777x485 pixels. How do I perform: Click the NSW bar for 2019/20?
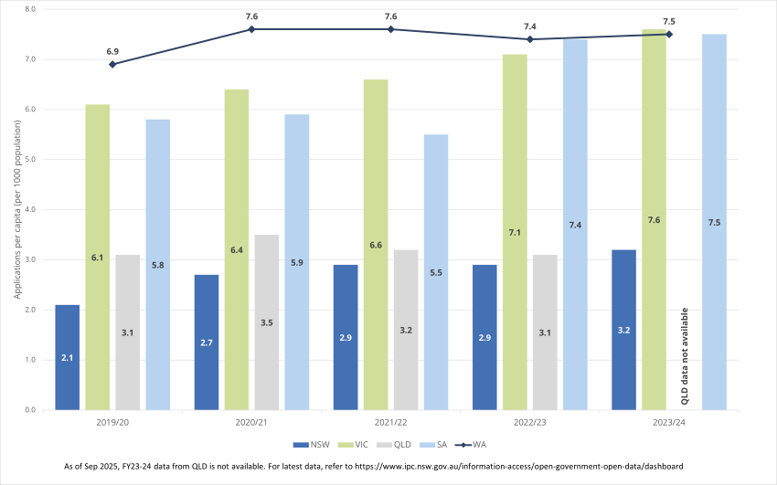(x=68, y=357)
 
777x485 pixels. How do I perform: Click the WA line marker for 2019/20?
(x=112, y=64)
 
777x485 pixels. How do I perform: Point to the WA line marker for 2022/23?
(x=529, y=39)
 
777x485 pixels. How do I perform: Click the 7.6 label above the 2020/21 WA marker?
(x=251, y=16)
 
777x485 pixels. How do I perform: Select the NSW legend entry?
(x=312, y=445)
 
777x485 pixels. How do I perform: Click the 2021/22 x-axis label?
(x=390, y=423)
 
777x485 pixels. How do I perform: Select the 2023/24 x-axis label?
(x=668, y=423)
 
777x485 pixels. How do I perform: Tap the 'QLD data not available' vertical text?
(x=685, y=356)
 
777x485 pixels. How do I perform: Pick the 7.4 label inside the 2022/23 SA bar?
(x=575, y=225)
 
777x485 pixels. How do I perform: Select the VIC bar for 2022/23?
(x=515, y=232)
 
